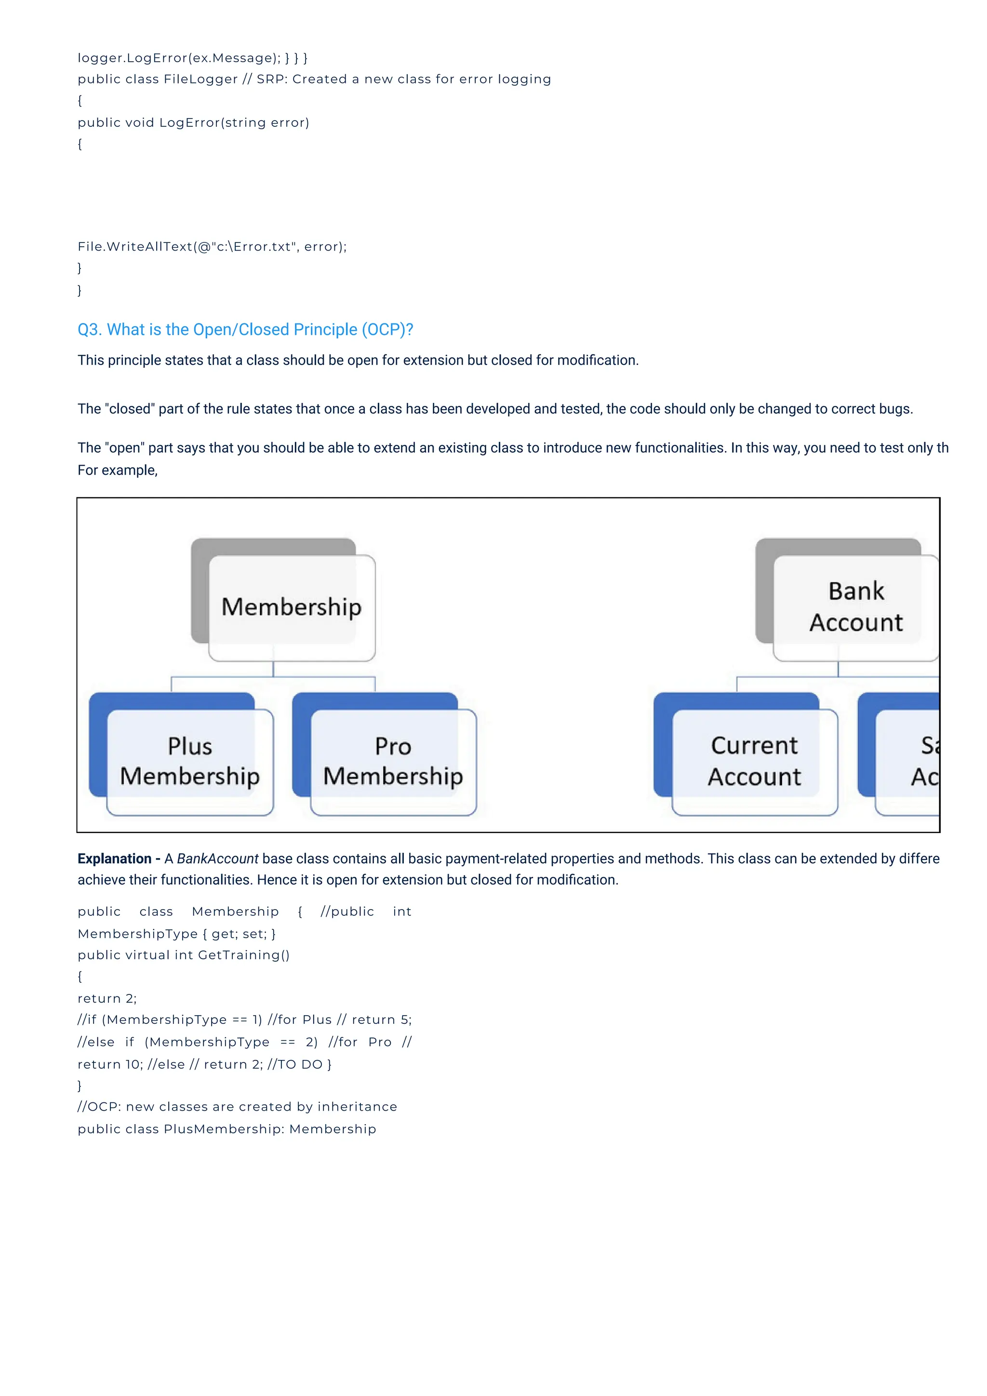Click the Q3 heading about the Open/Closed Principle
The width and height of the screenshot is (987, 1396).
coord(245,330)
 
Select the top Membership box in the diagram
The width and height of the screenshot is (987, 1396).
coord(292,607)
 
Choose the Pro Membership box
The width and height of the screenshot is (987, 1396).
coord(393,761)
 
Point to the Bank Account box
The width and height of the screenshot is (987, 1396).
coord(856,607)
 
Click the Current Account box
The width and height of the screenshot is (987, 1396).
coord(754,761)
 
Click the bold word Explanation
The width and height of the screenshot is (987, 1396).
coord(114,859)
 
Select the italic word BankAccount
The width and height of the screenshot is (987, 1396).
coord(217,859)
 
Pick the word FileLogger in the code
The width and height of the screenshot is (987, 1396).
coord(200,79)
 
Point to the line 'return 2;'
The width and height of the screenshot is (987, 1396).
coord(107,998)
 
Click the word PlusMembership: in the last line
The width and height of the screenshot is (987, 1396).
coord(224,1129)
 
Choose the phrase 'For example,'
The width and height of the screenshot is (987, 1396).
coord(117,470)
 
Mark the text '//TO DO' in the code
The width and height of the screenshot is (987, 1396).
coord(295,1064)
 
